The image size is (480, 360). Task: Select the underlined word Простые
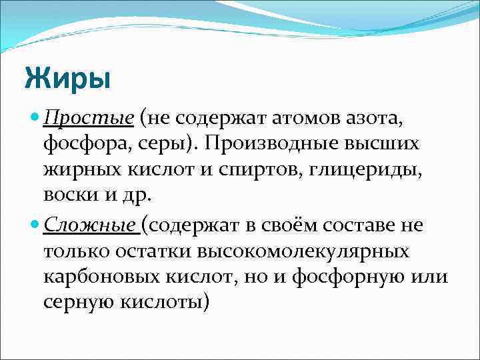[x=88, y=119]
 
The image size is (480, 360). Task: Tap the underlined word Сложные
[x=90, y=225]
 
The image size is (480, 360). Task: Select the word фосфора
[x=86, y=145]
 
